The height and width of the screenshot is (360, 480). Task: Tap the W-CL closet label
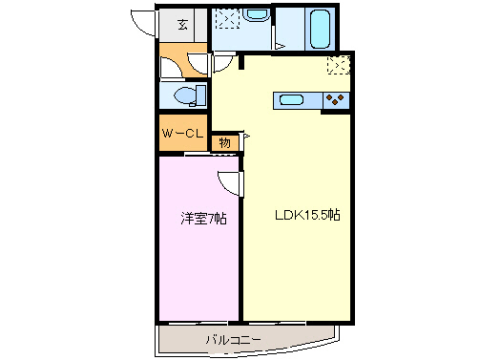181,133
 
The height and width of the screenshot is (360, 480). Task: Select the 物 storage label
225,142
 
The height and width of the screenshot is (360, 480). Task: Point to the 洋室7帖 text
203,219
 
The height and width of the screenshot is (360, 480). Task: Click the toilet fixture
186,94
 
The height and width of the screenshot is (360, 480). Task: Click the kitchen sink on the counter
290,98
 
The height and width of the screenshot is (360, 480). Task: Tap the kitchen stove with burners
336,98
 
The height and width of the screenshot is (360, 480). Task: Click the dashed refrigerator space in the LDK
339,65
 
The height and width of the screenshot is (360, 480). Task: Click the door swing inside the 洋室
229,183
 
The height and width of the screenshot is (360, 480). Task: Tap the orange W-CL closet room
181,133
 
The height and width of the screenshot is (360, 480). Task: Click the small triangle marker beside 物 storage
245,139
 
